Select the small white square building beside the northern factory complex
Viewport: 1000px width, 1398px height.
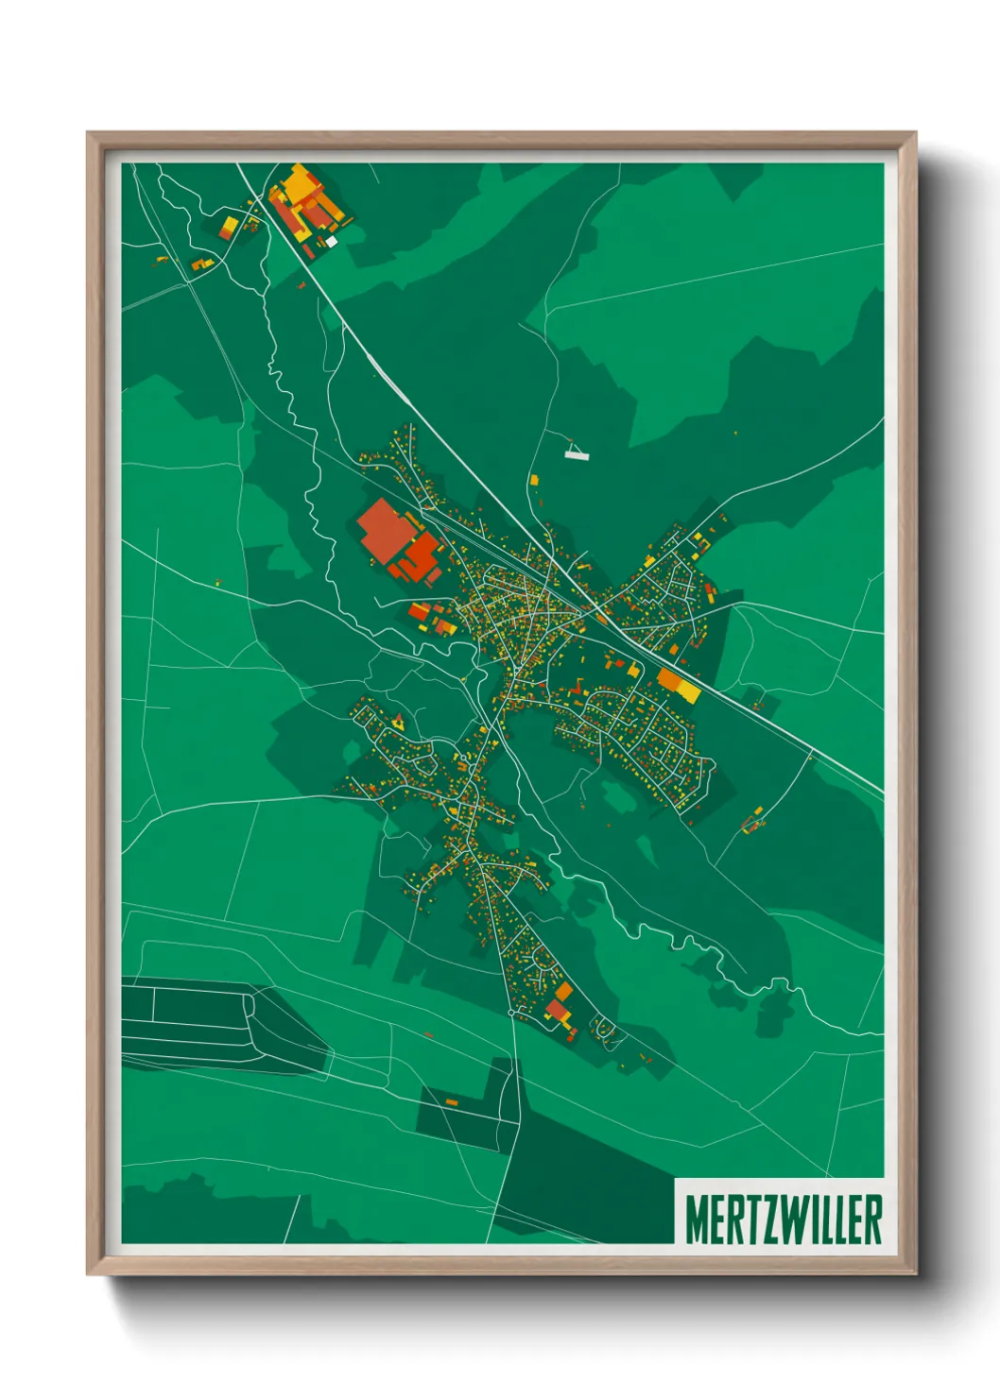[332, 242]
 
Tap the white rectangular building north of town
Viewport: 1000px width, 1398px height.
[577, 455]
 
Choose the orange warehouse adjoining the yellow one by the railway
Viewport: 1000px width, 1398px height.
[669, 680]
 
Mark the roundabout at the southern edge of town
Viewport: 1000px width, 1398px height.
[512, 1013]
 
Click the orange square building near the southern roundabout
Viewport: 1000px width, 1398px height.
[563, 991]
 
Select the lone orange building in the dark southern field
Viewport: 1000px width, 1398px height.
[451, 1101]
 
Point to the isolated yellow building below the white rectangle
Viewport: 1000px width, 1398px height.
[533, 480]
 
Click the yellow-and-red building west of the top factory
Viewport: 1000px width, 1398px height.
[229, 227]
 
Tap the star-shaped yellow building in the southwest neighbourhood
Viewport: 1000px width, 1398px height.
[398, 723]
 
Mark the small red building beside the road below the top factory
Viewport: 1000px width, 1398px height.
[302, 284]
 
